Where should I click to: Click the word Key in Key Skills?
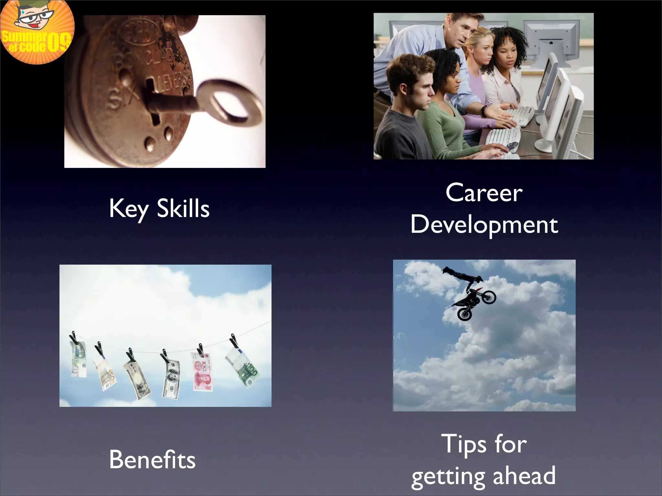tap(128, 209)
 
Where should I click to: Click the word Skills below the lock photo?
tap(183, 208)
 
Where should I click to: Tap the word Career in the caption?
tap(484, 193)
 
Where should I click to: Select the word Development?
tap(484, 225)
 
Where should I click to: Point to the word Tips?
tap(464, 444)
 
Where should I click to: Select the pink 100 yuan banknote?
tap(202, 371)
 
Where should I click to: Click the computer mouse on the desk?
tap(512, 146)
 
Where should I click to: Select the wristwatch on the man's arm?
tap(484, 111)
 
